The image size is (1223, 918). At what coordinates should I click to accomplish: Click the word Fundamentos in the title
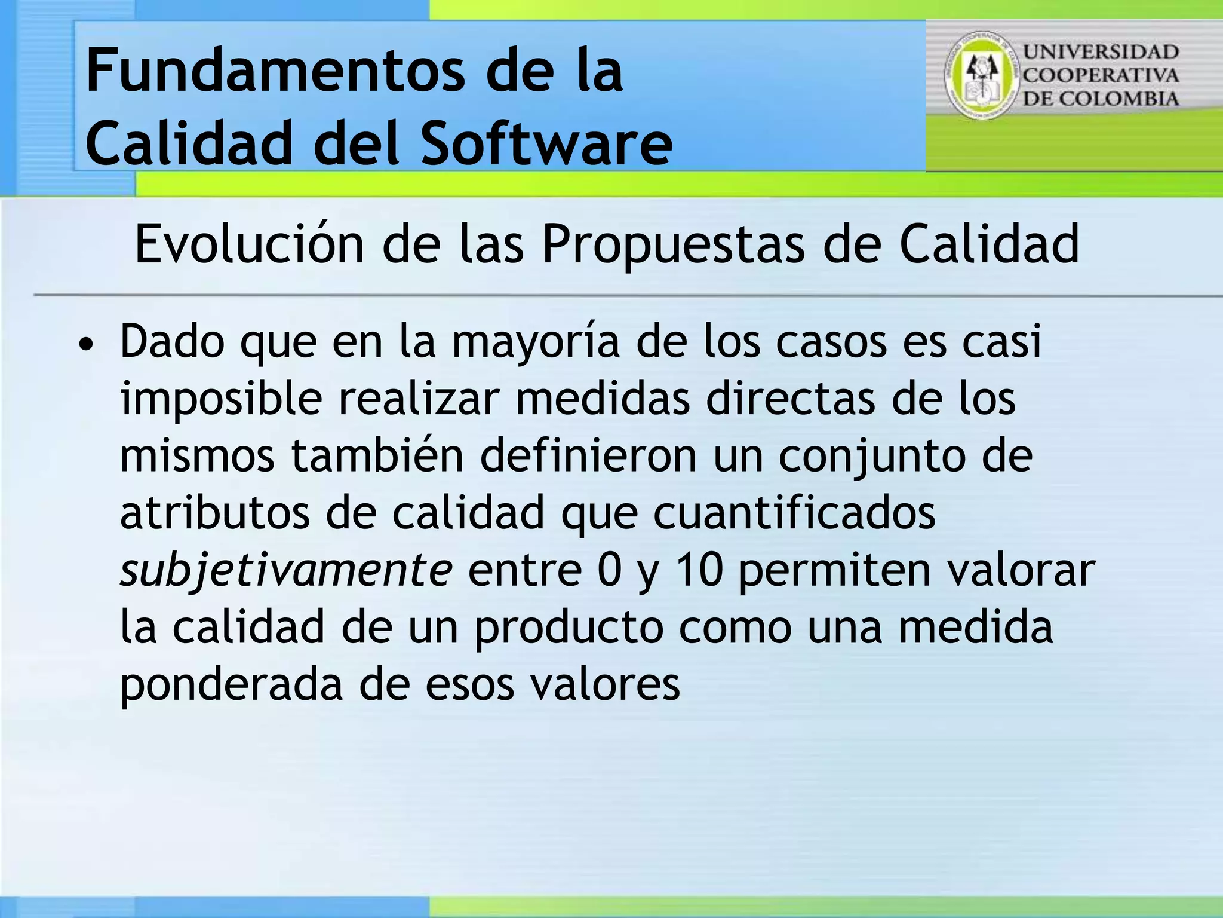click(275, 72)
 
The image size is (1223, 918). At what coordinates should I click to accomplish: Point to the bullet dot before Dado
click(87, 345)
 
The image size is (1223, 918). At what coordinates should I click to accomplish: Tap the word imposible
click(221, 399)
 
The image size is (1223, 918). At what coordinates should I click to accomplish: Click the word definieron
click(589, 455)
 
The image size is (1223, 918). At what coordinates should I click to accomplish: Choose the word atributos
click(214, 513)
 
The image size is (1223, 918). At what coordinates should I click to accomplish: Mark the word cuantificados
click(794, 513)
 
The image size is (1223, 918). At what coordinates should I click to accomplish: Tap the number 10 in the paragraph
click(699, 570)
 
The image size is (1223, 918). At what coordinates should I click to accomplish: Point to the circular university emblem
click(981, 75)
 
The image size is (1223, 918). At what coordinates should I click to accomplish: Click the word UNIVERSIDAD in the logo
click(1101, 52)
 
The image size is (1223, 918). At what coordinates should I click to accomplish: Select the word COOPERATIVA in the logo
click(1101, 75)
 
